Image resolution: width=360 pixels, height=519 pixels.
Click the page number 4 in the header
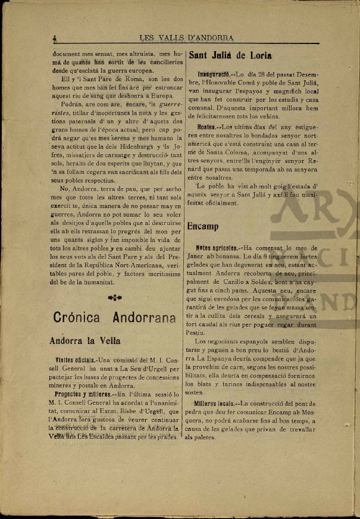[54, 38]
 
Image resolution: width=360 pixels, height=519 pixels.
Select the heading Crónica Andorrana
[114, 317]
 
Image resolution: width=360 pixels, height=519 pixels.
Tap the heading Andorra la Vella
[84, 341]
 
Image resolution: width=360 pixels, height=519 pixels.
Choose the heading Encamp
[203, 227]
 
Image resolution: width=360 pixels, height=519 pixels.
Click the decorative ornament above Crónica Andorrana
[114, 296]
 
